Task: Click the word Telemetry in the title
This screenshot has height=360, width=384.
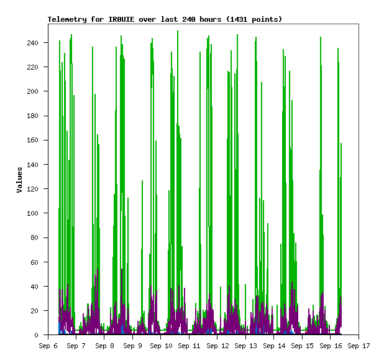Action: point(67,19)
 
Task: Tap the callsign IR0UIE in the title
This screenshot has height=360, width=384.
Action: point(121,19)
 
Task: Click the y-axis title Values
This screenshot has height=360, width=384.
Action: point(20,180)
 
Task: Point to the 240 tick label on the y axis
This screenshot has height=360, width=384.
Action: point(32,43)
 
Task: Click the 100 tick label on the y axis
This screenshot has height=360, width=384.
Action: point(32,213)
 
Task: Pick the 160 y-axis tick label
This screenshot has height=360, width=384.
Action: point(32,140)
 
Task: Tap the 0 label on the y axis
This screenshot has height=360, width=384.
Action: point(36,335)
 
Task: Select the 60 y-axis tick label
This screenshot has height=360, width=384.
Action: point(35,262)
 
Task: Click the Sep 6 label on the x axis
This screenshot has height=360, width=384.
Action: point(48,346)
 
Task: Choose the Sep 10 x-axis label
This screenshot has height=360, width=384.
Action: point(161,346)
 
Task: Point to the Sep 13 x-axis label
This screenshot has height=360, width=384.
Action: point(245,346)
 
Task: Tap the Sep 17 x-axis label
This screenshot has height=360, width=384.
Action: point(359,346)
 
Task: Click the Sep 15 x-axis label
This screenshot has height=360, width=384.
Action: point(302,346)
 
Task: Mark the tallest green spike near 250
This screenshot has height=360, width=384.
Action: point(178,31)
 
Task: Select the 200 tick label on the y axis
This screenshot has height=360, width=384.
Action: point(32,91)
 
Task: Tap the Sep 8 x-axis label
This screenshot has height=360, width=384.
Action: point(104,346)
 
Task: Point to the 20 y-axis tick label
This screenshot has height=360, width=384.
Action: point(35,311)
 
